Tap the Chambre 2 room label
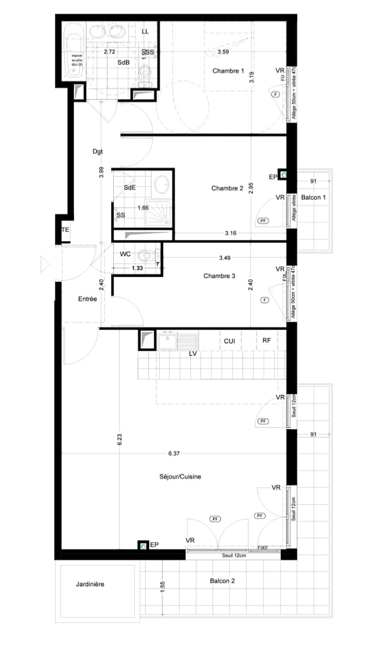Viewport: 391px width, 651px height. (227, 188)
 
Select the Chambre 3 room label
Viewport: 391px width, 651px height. (220, 276)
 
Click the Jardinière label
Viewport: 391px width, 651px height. (90, 584)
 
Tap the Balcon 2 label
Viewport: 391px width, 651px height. (222, 581)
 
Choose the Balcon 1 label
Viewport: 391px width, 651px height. (313, 198)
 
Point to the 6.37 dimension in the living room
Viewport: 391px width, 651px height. (174, 453)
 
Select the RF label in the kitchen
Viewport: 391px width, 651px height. (267, 341)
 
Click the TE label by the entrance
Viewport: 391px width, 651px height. (65, 229)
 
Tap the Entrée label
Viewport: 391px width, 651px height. (87, 298)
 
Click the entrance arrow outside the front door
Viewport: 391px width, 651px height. (44, 263)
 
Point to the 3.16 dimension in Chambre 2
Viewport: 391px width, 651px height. (232, 232)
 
